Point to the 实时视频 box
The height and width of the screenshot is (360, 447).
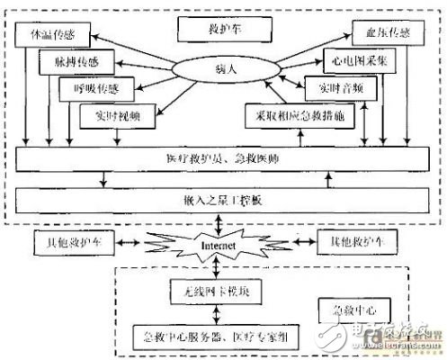click(x=111, y=115)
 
